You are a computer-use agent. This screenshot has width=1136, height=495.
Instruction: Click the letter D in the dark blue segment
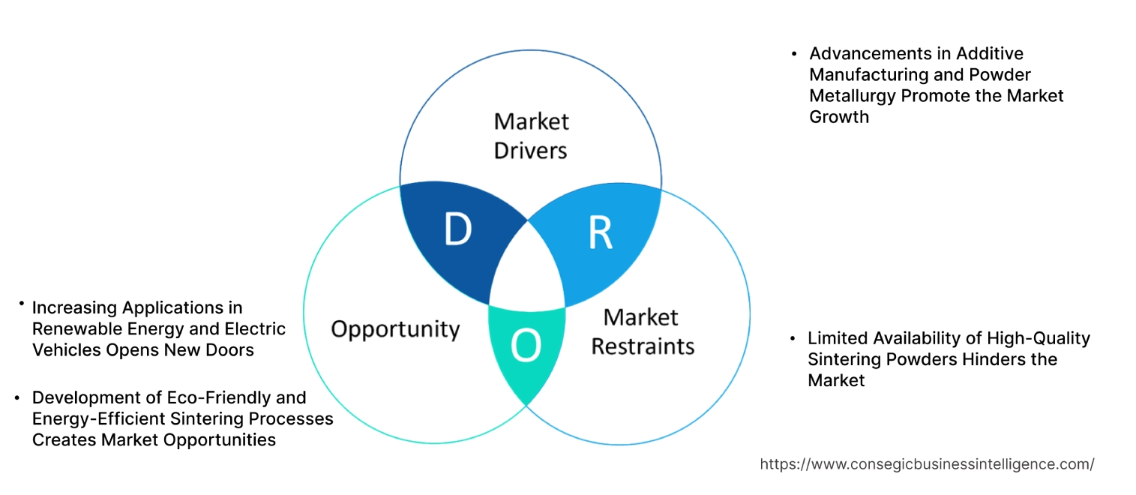(x=457, y=230)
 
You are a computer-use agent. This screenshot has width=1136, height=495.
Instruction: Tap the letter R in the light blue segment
(x=600, y=233)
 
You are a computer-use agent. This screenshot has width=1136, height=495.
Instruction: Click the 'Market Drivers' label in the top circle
(x=531, y=136)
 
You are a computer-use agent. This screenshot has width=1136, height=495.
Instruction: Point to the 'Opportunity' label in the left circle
(x=395, y=329)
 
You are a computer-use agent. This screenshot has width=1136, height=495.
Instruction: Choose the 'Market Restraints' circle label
(x=643, y=331)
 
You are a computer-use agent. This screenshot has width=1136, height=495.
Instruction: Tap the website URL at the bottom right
(x=927, y=464)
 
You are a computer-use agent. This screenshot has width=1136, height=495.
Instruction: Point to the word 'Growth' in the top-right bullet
(x=839, y=117)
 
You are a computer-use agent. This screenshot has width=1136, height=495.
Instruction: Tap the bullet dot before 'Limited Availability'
(x=793, y=339)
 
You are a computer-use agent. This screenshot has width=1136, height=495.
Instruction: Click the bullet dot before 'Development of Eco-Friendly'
(x=17, y=398)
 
